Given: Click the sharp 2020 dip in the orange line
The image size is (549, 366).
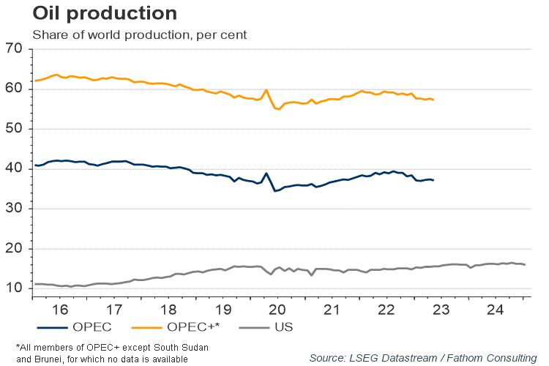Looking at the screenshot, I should coord(277,108).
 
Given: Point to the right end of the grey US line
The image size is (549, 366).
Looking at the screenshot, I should coord(525,265).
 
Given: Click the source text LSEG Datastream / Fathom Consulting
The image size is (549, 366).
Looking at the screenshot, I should coord(422,357).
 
